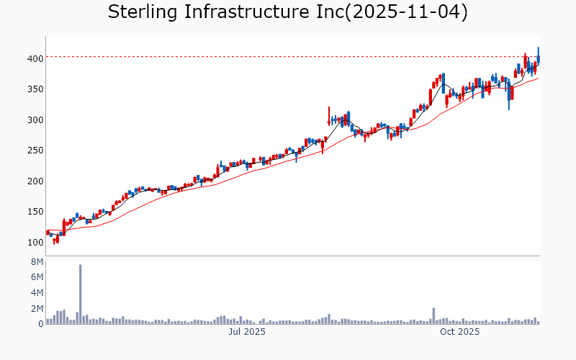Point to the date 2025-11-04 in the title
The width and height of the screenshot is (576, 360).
406,12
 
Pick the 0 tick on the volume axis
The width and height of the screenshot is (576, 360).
40,324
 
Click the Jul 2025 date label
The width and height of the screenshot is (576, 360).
247,332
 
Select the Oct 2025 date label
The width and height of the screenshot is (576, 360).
460,332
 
